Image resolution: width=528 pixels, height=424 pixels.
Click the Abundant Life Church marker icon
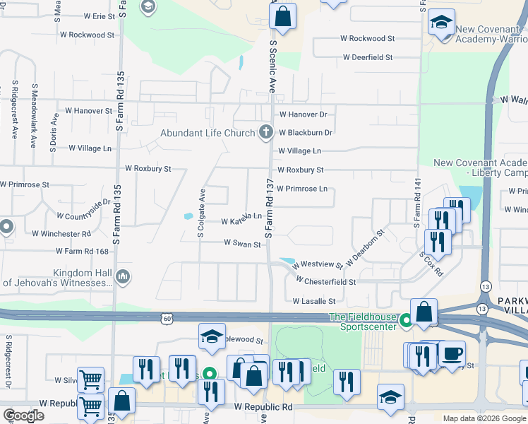pos(266,131)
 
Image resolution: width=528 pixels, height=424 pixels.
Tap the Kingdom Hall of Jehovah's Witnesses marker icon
pos(123,276)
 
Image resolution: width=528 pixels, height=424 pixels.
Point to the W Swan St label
pos(243,243)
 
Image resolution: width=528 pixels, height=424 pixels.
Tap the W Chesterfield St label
pos(325,281)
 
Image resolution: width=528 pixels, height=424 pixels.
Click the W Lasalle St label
pos(314,301)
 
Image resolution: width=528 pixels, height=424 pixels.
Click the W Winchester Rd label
pos(61,233)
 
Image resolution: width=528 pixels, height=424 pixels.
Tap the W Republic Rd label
pos(263,408)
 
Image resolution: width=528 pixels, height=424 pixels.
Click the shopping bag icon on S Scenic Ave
pos(282,18)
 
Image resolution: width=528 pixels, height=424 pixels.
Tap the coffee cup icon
pos(452,354)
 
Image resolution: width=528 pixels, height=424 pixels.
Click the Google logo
pos(24,416)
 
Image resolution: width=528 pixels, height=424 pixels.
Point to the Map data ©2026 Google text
pos(484,418)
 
